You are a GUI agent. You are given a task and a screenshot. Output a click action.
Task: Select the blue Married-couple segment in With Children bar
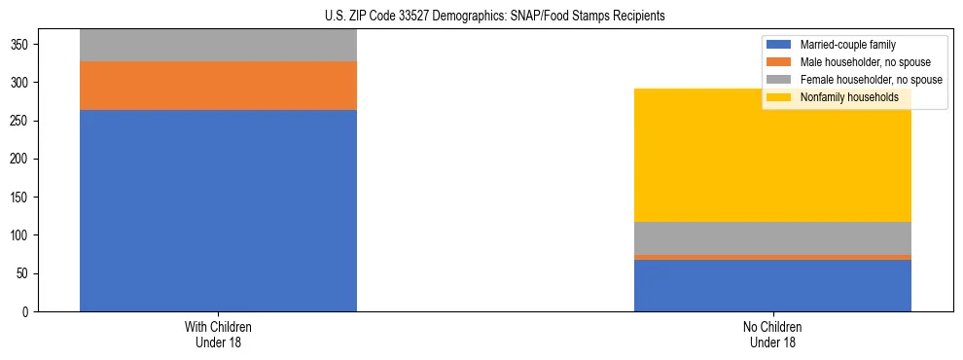point(218,210)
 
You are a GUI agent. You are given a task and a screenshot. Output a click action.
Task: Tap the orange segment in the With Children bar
point(218,86)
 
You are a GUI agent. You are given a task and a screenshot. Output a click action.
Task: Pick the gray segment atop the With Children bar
point(218,45)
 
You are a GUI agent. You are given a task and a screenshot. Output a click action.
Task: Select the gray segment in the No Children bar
point(772,238)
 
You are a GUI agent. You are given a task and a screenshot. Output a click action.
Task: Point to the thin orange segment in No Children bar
point(772,258)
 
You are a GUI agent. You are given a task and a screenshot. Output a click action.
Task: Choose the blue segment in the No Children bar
point(772,286)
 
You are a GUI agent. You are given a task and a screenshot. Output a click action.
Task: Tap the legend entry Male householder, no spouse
point(865,62)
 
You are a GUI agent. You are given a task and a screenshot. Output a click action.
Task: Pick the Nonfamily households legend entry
point(849,97)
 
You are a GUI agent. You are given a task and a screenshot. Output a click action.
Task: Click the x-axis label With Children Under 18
point(218,334)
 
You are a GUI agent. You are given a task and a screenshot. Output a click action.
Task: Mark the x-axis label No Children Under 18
point(772,334)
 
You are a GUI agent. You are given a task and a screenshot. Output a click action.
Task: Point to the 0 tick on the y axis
point(30,311)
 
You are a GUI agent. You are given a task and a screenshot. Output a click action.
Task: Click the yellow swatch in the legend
point(779,97)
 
